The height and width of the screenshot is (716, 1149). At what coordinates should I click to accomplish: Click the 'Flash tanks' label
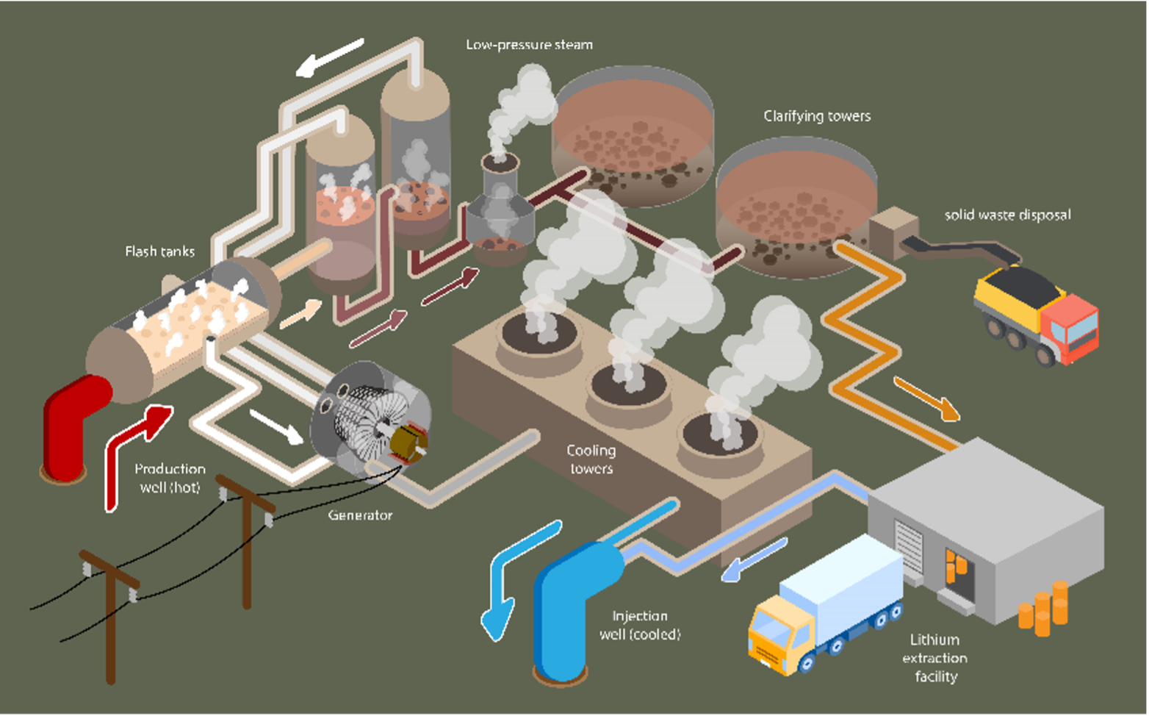pos(159,251)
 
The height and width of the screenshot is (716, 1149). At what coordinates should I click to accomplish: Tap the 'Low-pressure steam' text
pos(529,45)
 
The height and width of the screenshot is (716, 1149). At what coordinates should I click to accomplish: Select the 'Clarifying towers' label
pos(817,116)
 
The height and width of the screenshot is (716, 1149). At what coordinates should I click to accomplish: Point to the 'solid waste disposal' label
pos(1007,215)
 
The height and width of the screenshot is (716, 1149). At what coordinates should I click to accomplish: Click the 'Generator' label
pos(360,515)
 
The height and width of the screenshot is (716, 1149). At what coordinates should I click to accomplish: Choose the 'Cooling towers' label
pos(591,459)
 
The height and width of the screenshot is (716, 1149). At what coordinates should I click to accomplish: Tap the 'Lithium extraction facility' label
pos(935,658)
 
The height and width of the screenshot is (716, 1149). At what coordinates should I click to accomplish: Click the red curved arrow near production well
pos(132,448)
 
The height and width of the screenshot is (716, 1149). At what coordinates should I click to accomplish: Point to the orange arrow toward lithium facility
pos(926,398)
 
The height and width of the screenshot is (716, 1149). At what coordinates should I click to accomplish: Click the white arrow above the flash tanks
pos(330,58)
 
